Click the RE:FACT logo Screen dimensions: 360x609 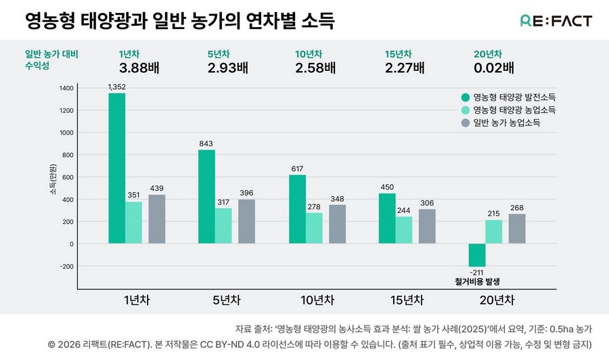[x=556, y=21]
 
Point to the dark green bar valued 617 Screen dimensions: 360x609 [x=297, y=209]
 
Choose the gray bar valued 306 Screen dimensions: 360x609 [x=427, y=226]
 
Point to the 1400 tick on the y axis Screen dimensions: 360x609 [x=66, y=88]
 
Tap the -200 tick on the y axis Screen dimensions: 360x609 [x=66, y=266]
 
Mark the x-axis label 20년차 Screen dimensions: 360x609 [x=497, y=300]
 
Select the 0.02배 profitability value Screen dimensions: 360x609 [x=494, y=68]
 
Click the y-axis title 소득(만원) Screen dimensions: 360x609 [x=53, y=179]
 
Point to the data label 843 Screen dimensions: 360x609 [x=206, y=143]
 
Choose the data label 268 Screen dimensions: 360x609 [x=518, y=207]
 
